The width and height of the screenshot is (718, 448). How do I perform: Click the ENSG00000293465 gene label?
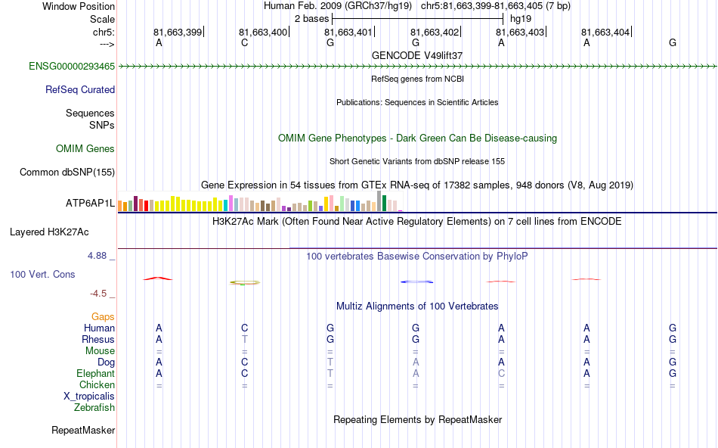coord(72,67)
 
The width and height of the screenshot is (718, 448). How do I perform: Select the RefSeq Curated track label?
coord(80,89)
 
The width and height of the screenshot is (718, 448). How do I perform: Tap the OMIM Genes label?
coord(85,149)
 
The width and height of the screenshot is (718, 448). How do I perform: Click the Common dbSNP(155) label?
coord(67,173)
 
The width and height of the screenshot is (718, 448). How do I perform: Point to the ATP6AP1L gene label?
coord(90,204)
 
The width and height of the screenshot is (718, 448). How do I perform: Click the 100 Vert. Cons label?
coord(43,274)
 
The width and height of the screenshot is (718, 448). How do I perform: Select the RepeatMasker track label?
coord(83,431)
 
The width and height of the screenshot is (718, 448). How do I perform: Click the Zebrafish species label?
coord(94,408)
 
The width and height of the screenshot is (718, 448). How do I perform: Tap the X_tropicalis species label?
coord(89,397)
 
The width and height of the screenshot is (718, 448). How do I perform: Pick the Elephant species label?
coord(95,374)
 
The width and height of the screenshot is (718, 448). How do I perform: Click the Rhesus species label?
coord(98,340)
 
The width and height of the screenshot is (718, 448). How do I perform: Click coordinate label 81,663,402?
coord(435,33)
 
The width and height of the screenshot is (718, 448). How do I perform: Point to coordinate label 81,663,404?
coord(605,33)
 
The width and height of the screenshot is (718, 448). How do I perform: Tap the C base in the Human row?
coord(244,328)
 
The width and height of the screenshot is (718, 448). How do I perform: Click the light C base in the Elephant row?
coord(501,374)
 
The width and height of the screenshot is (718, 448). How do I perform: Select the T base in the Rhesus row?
coord(244,340)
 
